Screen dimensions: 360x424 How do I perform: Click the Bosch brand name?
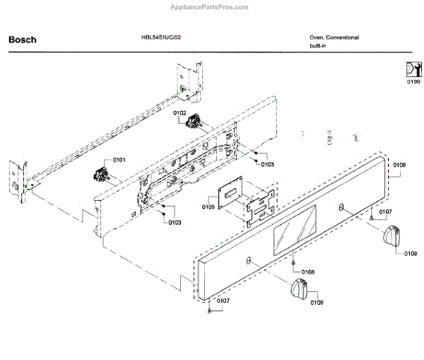(22, 40)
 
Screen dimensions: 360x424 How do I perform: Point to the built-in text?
(317, 46)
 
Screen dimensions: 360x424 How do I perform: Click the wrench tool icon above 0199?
(413, 70)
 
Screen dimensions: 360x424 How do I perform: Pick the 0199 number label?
(413, 82)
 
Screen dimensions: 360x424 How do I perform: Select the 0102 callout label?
(179, 113)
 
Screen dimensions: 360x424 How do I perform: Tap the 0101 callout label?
(118, 161)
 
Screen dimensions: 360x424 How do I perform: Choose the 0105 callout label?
(208, 207)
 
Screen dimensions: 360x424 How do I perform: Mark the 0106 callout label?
(399, 165)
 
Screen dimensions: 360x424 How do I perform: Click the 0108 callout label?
(308, 272)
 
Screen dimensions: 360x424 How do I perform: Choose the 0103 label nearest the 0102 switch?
(267, 164)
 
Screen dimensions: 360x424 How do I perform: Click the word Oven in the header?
(316, 37)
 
